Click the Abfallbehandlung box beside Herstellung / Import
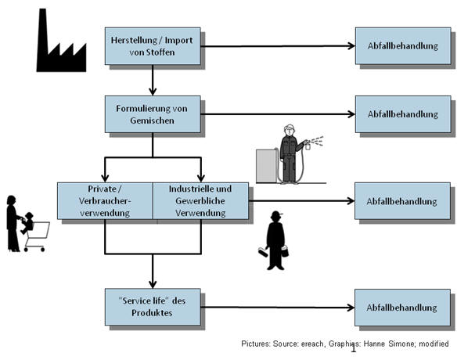[x=402, y=46]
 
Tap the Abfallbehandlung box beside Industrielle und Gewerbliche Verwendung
[x=402, y=201]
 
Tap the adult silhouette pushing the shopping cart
[x=13, y=223]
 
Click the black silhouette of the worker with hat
[x=276, y=241]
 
